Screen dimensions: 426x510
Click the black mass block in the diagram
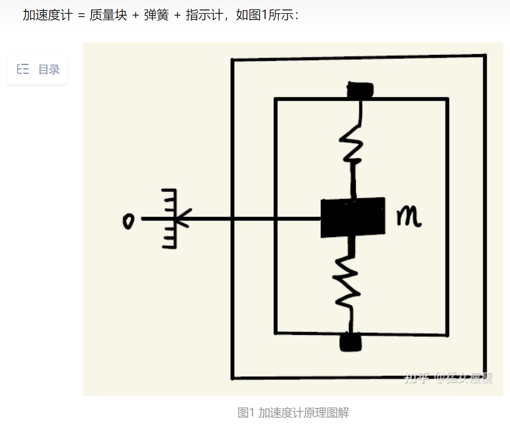pyautogui.click(x=352, y=218)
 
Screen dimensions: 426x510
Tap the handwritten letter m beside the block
pyautogui.click(x=409, y=218)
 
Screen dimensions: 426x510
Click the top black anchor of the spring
pyautogui.click(x=359, y=89)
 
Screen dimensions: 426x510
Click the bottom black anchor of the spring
pyautogui.click(x=350, y=342)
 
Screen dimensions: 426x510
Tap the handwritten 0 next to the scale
pyautogui.click(x=128, y=221)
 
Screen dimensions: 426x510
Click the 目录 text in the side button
pyautogui.click(x=49, y=69)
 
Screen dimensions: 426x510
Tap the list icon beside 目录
pyautogui.click(x=23, y=69)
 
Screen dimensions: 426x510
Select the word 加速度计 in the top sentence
pyautogui.click(x=47, y=15)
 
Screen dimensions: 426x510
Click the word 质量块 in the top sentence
pyautogui.click(x=108, y=15)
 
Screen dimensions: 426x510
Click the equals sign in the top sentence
pyautogui.click(x=81, y=16)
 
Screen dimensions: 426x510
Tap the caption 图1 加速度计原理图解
pyautogui.click(x=293, y=413)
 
